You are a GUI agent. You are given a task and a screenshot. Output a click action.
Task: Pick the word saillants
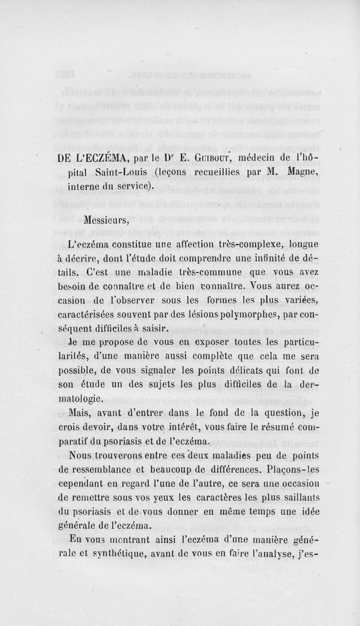(297, 499)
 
